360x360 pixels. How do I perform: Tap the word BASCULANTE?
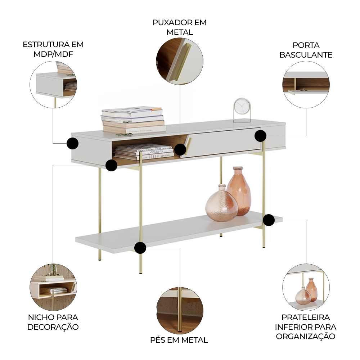click(x=306, y=55)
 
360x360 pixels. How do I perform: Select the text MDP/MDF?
click(x=53, y=54)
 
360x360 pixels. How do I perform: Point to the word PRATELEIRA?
click(x=306, y=317)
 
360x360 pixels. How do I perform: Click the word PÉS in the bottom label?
click(x=158, y=340)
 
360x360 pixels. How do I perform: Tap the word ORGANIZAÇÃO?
click(x=306, y=336)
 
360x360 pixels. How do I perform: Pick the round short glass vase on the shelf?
click(x=221, y=203)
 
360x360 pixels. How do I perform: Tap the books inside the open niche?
click(x=144, y=152)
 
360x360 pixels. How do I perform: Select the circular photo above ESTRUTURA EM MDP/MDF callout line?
click(x=53, y=85)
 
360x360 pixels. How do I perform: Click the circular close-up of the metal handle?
click(x=180, y=61)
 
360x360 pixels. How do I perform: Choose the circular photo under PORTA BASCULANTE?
click(x=306, y=85)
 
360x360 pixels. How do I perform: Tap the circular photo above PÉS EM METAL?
click(x=180, y=311)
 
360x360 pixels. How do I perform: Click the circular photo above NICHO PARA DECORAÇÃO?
click(x=53, y=287)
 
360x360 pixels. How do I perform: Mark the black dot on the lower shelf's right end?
click(x=269, y=220)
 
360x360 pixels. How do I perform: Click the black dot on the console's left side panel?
click(x=73, y=144)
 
